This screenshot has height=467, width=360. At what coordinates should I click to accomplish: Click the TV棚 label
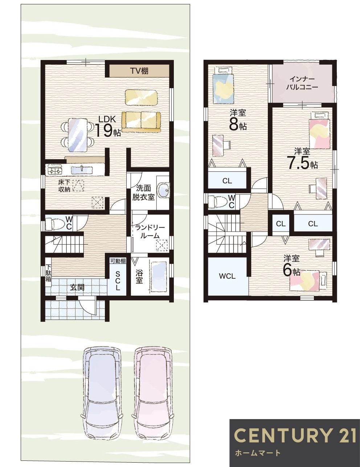click(139, 71)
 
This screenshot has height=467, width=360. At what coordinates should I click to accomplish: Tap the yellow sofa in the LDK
click(141, 121)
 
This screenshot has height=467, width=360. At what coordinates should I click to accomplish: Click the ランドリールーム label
click(150, 231)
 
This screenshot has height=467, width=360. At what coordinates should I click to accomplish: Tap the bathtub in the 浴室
click(159, 277)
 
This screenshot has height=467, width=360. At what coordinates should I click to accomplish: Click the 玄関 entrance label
click(77, 287)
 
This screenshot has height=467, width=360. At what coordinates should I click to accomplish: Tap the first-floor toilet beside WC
click(54, 224)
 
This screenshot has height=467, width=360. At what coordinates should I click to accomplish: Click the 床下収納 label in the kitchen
click(64, 185)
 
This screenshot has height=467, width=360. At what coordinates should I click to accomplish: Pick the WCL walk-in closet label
click(227, 276)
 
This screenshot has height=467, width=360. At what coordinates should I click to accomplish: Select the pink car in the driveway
click(152, 392)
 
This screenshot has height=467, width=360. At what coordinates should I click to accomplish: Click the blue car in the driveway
click(102, 392)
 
